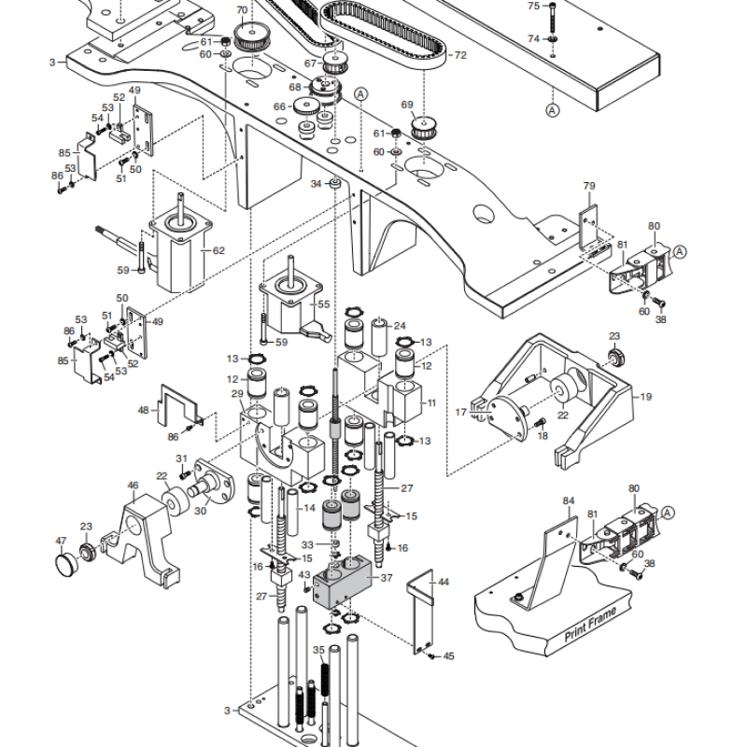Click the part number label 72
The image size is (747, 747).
(460, 55)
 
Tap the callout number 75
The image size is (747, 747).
(533, 7)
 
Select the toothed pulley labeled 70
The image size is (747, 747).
(251, 36)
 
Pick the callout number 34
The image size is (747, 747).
(316, 184)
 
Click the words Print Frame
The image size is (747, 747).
(590, 624)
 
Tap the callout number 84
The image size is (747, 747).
(569, 500)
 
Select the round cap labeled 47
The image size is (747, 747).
(66, 564)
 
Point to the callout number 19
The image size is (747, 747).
(645, 397)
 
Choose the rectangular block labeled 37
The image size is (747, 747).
(342, 582)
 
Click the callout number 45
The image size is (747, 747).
(449, 656)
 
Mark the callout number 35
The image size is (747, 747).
(318, 650)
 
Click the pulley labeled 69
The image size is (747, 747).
(424, 127)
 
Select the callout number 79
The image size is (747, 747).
(589, 186)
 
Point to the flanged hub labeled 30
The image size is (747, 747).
(214, 482)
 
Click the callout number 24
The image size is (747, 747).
(400, 326)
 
